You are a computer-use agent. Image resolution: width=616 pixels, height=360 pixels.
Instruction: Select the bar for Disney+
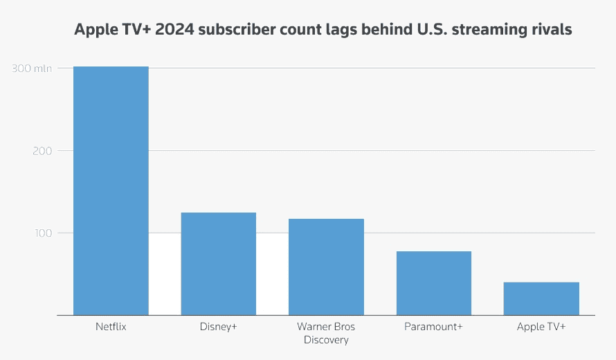(219, 264)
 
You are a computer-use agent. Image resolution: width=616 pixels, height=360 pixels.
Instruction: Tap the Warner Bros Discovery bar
(326, 267)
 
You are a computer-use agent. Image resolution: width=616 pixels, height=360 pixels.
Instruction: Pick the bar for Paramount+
(433, 283)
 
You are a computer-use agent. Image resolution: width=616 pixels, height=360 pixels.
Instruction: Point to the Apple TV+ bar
(541, 298)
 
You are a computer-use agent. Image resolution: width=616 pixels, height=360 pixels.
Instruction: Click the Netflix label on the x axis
(111, 326)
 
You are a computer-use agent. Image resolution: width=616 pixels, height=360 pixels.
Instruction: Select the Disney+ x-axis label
(219, 326)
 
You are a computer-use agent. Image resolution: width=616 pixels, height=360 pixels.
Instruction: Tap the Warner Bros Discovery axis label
(326, 333)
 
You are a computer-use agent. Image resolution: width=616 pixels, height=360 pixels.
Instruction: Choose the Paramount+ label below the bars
(433, 326)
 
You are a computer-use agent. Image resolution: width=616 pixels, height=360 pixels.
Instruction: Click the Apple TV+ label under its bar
(541, 326)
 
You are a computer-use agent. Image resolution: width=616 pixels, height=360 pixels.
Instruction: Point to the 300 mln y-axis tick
(31, 68)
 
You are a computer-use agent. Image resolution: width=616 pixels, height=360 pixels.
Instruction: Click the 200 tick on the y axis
(43, 150)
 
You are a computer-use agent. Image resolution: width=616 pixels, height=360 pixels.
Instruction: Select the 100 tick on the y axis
(43, 233)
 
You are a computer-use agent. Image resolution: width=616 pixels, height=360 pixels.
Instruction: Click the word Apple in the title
(95, 30)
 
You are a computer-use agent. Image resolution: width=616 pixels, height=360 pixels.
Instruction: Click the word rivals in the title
(552, 30)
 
